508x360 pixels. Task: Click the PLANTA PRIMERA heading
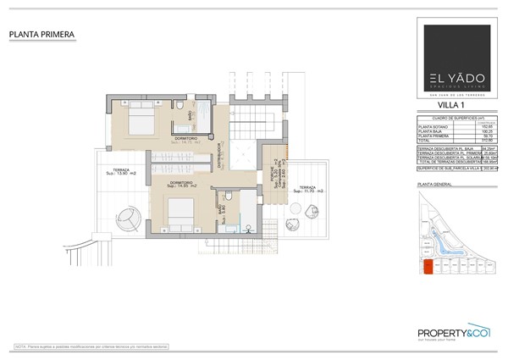[x=41, y=35]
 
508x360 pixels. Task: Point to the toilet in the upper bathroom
[x=182, y=105]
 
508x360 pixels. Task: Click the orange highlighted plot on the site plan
[x=428, y=268]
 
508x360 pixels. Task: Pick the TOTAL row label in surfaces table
[x=426, y=141]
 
